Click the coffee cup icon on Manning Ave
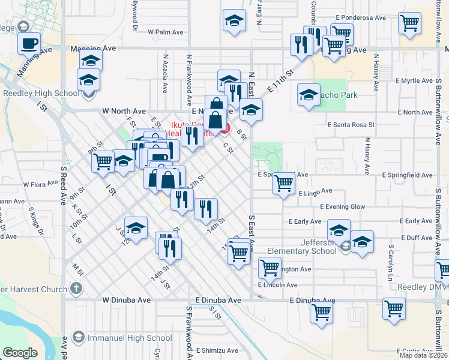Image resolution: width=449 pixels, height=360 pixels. (29, 43)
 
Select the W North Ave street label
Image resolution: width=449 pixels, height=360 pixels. (124, 111)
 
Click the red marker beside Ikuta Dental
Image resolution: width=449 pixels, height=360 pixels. (224, 127)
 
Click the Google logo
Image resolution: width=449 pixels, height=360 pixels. (20, 353)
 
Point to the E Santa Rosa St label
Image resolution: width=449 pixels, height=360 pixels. (351, 125)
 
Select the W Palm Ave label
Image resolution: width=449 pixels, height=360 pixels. (164, 32)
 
